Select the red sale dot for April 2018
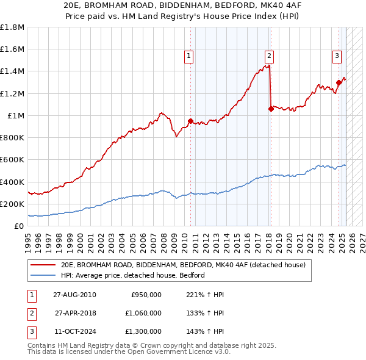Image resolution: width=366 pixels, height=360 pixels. pyautogui.click(x=271, y=109)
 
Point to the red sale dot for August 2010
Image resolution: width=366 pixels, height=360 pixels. pyautogui.click(x=190, y=121)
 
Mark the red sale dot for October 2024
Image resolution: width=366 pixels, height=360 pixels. pyautogui.click(x=339, y=82)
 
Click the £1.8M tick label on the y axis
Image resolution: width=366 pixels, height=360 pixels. pyautogui.click(x=12, y=27)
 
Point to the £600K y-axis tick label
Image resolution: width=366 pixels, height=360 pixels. pyautogui.click(x=12, y=160)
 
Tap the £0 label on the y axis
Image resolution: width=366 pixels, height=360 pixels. pyautogui.click(x=18, y=226)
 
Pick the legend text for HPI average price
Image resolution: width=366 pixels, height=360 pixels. pyautogui.click(x=132, y=275)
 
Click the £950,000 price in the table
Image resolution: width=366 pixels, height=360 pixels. pyautogui.click(x=146, y=295)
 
